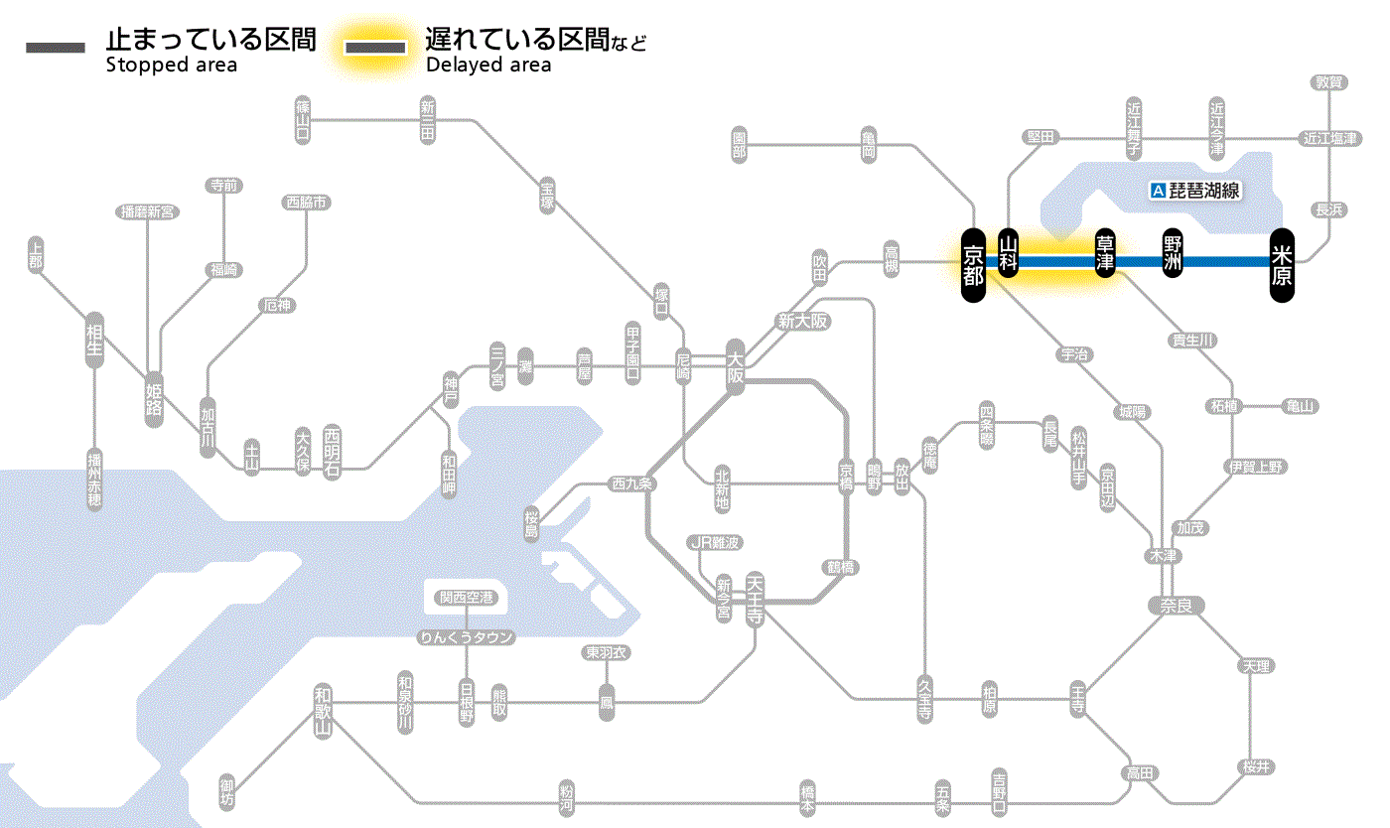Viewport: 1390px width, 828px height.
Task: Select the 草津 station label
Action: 1105,255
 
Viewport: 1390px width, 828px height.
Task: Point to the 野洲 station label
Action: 1174,254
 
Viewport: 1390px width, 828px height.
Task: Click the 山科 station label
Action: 1009,255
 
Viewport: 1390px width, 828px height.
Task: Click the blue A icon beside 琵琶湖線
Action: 1157,191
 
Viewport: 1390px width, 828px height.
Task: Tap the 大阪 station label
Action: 735,365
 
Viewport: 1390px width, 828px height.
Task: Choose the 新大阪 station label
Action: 802,321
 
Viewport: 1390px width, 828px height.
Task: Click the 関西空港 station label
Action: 467,598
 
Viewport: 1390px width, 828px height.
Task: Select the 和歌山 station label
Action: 322,712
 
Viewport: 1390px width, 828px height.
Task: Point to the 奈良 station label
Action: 1176,605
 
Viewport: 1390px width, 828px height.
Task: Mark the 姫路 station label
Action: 154,398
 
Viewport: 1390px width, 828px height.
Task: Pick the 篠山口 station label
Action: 303,119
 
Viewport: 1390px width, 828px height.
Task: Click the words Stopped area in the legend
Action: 172,66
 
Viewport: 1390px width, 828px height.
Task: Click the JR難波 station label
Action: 715,542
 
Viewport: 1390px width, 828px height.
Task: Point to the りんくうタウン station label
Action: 467,637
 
